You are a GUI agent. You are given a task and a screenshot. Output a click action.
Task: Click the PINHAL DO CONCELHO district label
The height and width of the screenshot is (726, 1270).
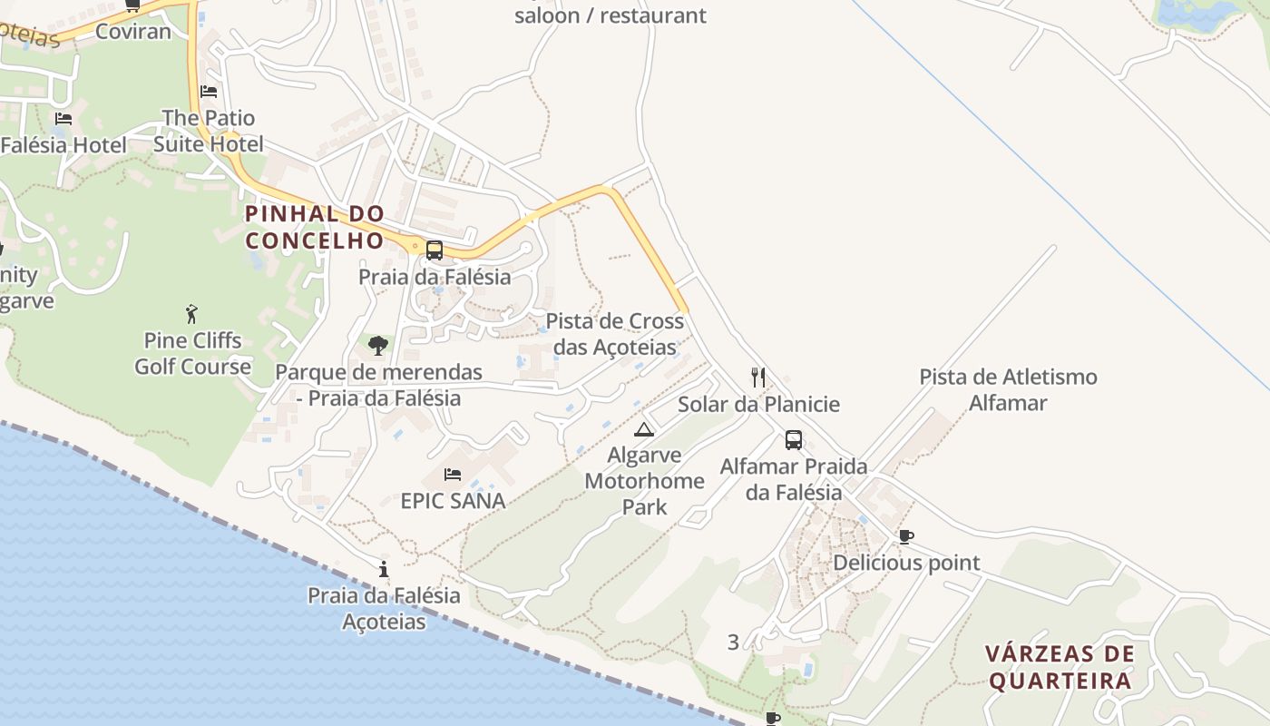pos(315,227)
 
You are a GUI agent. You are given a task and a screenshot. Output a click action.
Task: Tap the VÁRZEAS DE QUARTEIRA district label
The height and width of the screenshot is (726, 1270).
pos(1060,667)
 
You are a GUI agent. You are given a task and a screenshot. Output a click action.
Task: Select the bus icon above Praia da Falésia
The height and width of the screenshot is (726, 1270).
pos(435,250)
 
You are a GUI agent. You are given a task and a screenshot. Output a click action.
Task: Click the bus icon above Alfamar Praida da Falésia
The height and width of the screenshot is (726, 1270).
pos(794,440)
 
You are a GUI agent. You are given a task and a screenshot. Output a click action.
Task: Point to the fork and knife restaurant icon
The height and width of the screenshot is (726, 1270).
pos(758,377)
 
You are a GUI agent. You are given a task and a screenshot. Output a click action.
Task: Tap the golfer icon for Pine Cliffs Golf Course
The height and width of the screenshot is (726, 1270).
pos(191,314)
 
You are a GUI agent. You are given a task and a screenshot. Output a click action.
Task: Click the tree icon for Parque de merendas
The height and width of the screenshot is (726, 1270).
pos(378,345)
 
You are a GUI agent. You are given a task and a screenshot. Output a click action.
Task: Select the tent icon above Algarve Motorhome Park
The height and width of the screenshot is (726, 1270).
pos(644,429)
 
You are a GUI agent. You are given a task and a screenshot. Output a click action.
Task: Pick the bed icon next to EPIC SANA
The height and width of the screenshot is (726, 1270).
pos(452,475)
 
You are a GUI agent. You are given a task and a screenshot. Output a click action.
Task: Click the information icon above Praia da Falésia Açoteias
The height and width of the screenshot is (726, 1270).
pos(384,569)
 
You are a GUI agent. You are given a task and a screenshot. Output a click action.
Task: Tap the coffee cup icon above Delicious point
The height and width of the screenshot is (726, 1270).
pos(905,536)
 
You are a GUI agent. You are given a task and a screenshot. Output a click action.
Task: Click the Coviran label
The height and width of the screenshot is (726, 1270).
pos(132,32)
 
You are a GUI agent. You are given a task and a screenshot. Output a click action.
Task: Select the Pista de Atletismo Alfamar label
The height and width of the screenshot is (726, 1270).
pos(1008,389)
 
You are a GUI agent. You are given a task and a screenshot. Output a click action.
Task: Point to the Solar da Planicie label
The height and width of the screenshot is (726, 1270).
pos(758,404)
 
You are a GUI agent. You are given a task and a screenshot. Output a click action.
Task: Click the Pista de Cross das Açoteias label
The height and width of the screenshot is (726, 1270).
pos(614,334)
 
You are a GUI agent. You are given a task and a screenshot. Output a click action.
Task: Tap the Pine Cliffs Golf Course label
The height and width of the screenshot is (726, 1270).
pos(192,354)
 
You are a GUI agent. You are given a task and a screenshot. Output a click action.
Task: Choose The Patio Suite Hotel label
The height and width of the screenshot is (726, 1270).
pos(209,131)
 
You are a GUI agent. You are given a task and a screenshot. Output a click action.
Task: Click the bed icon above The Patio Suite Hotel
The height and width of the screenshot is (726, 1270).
pos(209,92)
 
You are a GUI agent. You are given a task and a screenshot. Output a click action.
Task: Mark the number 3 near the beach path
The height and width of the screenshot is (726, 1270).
pos(733,643)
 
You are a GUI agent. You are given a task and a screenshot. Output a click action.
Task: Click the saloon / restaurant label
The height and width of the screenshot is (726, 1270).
pos(610,15)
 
